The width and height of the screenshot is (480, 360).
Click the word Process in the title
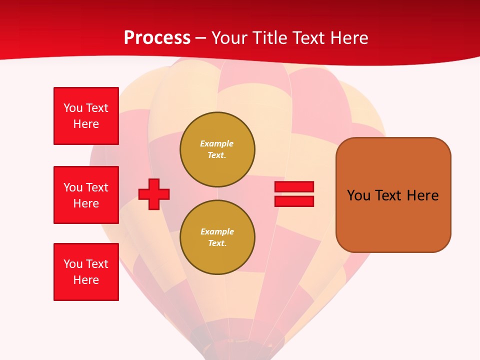pyautogui.click(x=157, y=38)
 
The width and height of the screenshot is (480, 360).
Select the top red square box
pyautogui.click(x=86, y=116)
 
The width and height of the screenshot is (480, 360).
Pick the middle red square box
pyautogui.click(x=86, y=195)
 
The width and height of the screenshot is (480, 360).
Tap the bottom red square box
pyautogui.click(x=86, y=272)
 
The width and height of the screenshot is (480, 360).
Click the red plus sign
pyautogui.click(x=154, y=194)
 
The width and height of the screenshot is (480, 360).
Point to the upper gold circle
pyautogui.click(x=217, y=149)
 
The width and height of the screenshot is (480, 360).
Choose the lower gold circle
pyautogui.click(x=217, y=237)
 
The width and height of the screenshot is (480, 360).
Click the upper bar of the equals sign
pyautogui.click(x=294, y=186)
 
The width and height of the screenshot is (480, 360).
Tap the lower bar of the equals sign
pyautogui.click(x=294, y=201)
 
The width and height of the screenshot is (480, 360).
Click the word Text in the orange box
pyautogui.click(x=390, y=195)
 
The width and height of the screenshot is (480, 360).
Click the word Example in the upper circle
pyautogui.click(x=216, y=143)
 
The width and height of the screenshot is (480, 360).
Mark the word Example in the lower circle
pyautogui.click(x=217, y=231)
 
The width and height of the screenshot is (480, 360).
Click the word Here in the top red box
pyautogui.click(x=86, y=124)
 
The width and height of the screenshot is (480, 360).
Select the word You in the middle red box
pyautogui.click(x=73, y=187)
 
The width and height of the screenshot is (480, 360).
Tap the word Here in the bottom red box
pyautogui.click(x=86, y=280)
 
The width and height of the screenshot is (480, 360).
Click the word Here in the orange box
pyautogui.click(x=422, y=195)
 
